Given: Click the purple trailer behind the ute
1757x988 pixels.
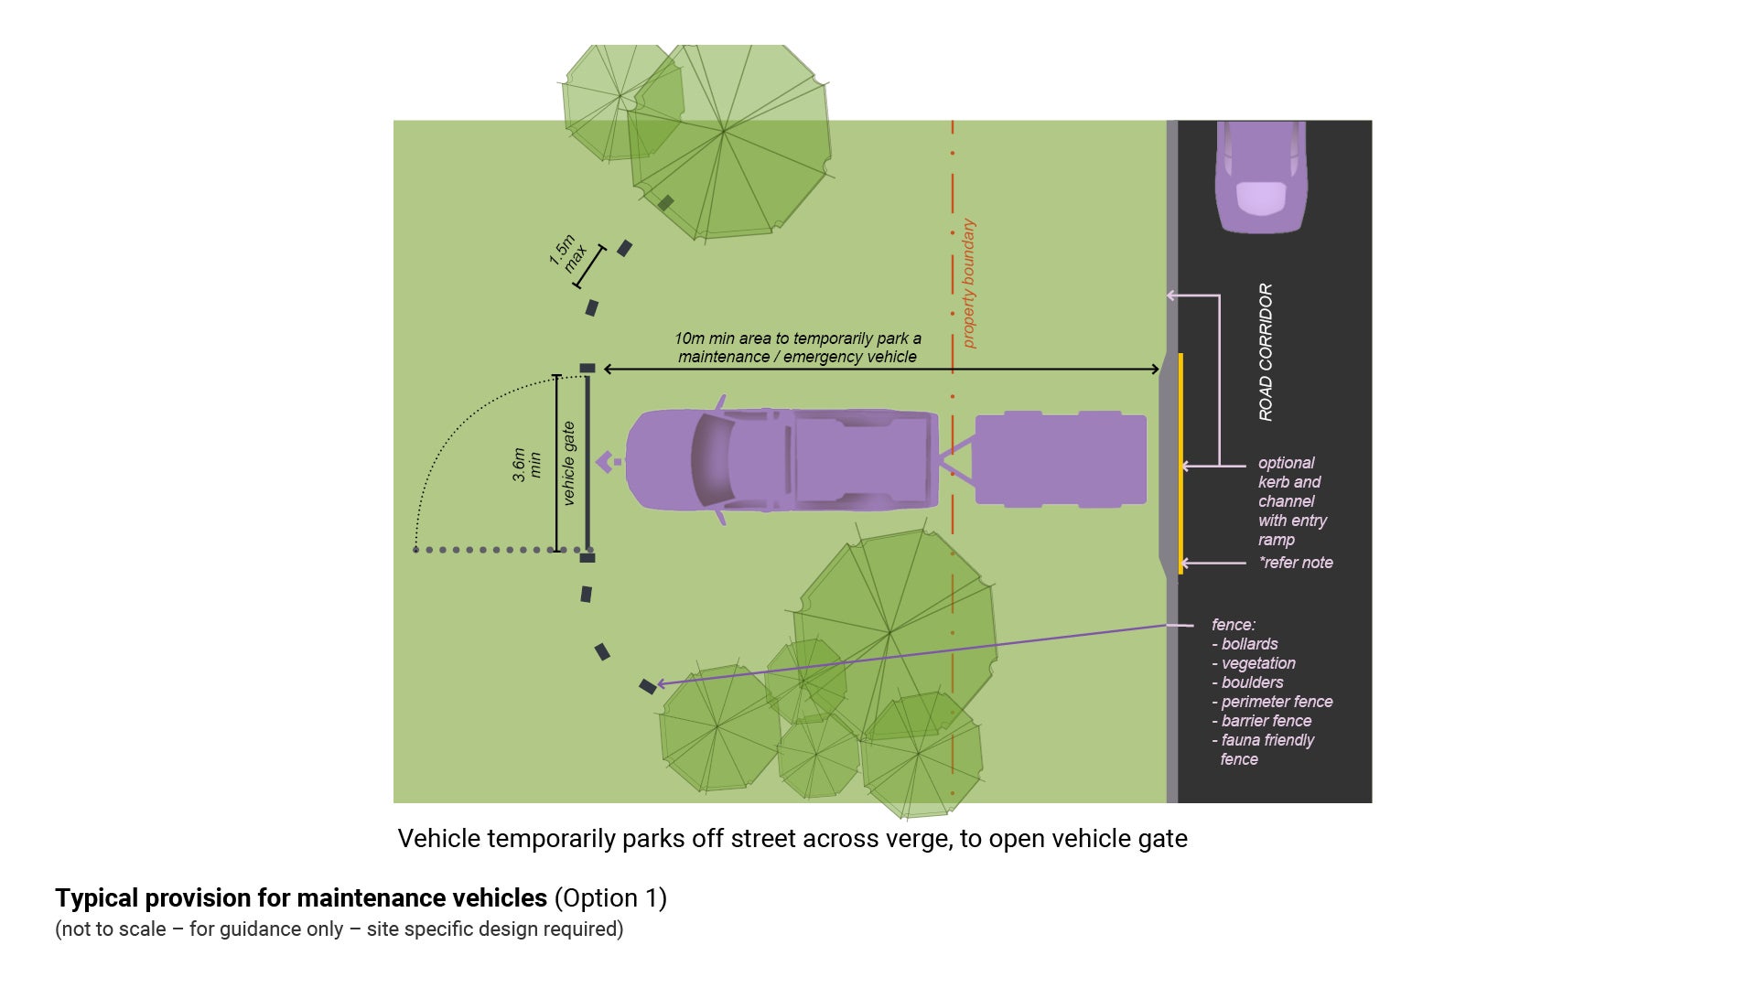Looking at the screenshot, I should (1060, 459).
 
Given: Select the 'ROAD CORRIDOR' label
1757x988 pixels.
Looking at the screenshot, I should (1266, 352).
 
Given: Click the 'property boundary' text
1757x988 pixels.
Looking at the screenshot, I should (968, 284).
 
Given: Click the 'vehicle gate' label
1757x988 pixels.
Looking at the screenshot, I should (568, 463).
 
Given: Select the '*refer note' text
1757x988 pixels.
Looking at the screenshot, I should (1296, 563).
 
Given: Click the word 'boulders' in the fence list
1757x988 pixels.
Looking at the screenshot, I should (1252, 682).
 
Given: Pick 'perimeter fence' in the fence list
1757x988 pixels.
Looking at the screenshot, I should (1277, 702).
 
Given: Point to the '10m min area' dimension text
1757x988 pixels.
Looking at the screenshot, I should (797, 348).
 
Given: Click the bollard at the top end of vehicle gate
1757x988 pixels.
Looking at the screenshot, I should (587, 368).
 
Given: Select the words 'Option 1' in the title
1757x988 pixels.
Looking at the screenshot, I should (610, 898).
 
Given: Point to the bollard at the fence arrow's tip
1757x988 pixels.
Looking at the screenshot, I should (647, 686).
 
